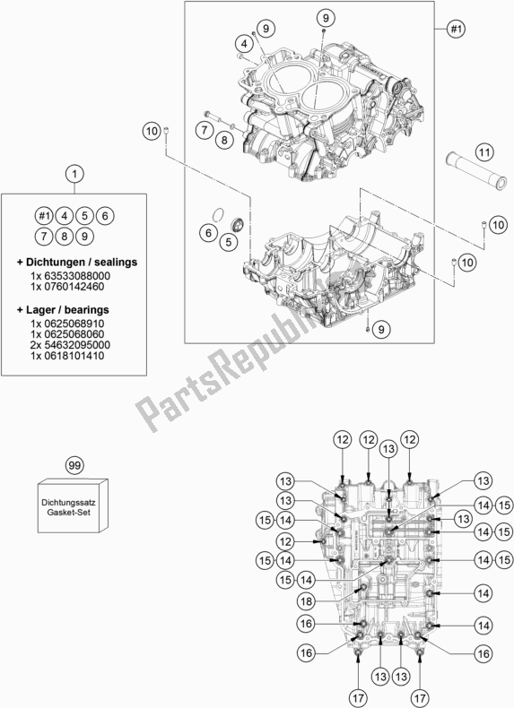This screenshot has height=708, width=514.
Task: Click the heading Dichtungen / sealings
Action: click(75, 262)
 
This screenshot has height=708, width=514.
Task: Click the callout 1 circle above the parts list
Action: click(76, 173)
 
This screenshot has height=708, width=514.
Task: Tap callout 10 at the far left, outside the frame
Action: click(152, 133)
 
